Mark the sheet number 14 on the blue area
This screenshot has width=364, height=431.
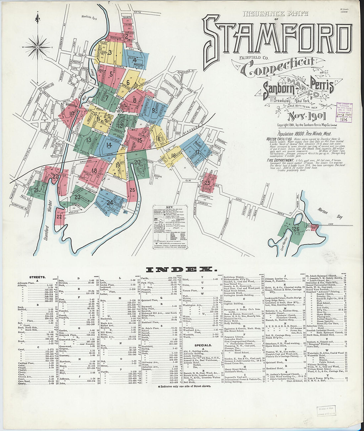109,145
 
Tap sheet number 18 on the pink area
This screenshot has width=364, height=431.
94,170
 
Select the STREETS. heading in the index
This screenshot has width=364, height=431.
37,277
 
